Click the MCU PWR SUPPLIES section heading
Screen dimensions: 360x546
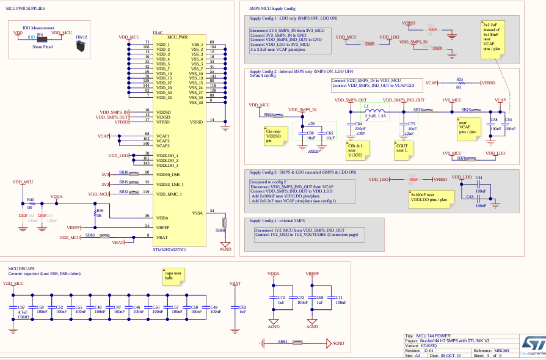point(26,9)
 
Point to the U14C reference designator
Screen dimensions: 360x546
point(158,32)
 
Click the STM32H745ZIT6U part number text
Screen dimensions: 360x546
point(170,249)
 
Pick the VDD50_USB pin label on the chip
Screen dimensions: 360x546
point(170,174)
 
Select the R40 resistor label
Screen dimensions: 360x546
point(30,199)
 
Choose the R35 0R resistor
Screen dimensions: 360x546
point(459,82)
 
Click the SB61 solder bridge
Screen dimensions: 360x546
point(297,343)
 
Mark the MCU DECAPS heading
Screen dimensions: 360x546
point(21,268)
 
